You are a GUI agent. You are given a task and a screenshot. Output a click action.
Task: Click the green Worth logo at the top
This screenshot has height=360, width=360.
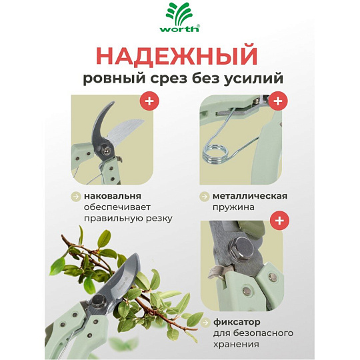180,18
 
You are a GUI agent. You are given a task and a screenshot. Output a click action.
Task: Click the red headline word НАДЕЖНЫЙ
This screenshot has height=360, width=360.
177,56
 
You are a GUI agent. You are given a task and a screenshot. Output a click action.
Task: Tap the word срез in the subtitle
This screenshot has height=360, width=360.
169,79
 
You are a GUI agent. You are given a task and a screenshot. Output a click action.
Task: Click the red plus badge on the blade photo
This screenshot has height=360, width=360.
149,101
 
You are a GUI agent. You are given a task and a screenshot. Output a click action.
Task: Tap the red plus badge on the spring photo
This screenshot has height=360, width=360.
278,101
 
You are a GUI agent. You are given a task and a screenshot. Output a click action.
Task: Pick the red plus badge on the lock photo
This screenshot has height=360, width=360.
279,221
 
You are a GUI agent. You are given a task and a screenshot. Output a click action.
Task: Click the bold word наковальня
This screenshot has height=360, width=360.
113,196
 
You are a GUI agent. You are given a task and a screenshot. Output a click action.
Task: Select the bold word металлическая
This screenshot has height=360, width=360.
250,196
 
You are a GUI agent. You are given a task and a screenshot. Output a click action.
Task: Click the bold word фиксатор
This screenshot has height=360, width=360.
237,322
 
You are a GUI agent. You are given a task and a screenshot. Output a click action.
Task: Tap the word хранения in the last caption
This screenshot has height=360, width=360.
236,345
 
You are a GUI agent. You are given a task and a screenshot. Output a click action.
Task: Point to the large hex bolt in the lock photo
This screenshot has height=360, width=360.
241,249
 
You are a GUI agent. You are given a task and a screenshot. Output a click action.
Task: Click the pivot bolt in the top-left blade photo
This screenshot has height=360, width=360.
106,151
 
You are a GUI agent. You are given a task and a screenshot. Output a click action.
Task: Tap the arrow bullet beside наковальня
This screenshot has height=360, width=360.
75,197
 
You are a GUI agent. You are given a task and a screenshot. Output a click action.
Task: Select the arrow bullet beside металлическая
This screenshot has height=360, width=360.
204,197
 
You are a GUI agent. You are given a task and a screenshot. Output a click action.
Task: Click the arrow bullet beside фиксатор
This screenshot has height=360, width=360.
205,323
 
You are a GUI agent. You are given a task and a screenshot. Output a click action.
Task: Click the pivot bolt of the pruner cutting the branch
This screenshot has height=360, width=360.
97,301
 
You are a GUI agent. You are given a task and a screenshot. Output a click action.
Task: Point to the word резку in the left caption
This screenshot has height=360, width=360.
159,219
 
